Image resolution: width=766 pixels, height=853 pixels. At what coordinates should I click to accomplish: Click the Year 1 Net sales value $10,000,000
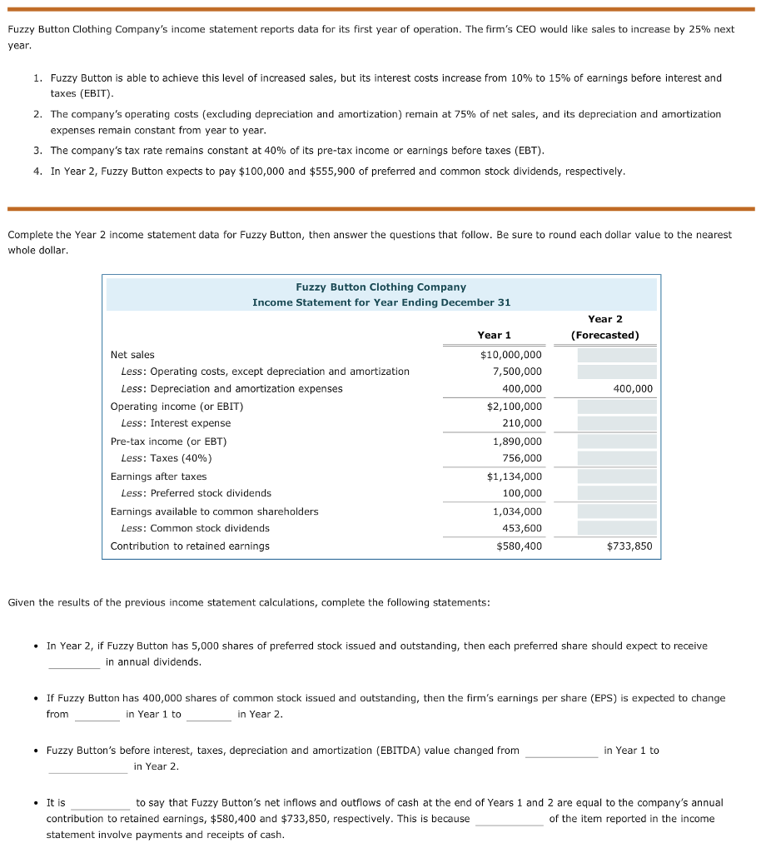[x=510, y=355]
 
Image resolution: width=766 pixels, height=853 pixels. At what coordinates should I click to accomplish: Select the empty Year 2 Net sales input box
[x=616, y=355]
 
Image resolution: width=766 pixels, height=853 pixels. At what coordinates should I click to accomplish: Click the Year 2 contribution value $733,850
[x=629, y=546]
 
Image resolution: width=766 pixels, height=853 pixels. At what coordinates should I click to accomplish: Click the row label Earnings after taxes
[x=158, y=476]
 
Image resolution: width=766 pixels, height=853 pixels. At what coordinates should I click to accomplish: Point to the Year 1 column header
[x=494, y=335]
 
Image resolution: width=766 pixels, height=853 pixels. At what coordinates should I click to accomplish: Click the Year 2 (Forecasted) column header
[x=604, y=327]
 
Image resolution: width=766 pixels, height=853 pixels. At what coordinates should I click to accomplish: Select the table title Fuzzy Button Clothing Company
[x=381, y=287]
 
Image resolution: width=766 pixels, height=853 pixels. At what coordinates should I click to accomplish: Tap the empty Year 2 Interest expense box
[x=616, y=423]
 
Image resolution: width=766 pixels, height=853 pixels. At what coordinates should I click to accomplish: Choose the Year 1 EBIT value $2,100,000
[x=514, y=407]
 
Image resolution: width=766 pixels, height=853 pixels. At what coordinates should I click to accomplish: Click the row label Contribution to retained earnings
[x=190, y=546]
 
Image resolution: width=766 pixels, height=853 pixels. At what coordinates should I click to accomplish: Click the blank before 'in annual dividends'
[x=74, y=663]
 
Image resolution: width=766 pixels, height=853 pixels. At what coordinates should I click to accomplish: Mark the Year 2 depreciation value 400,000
[x=633, y=389]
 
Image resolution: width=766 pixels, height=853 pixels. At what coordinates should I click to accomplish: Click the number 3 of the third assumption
[x=37, y=151]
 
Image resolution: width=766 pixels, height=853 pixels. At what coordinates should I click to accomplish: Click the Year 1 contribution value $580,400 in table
[x=518, y=546]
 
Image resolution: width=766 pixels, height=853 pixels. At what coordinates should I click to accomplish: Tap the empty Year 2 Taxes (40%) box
[x=616, y=458]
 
